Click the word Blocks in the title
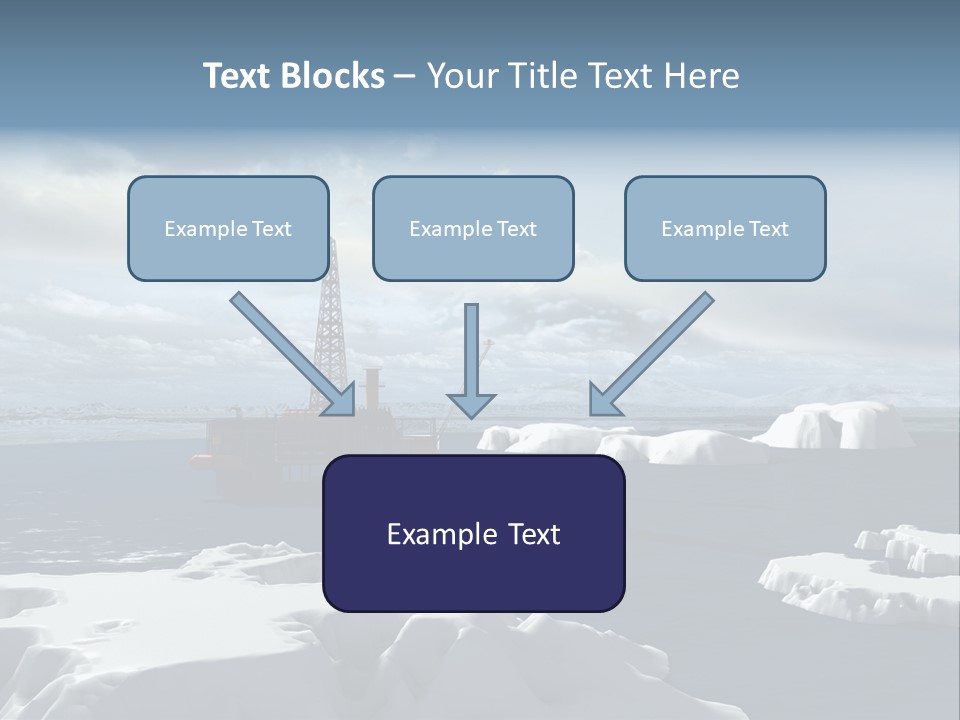click(332, 76)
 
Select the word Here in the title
click(702, 76)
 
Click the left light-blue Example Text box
click(228, 228)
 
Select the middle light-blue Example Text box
click(473, 228)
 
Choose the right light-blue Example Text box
click(726, 228)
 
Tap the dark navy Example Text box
click(474, 533)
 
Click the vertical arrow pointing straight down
click(471, 361)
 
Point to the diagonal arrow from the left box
click(293, 354)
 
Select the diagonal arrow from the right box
click(651, 354)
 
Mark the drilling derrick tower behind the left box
click(331, 324)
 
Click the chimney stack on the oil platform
click(372, 389)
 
